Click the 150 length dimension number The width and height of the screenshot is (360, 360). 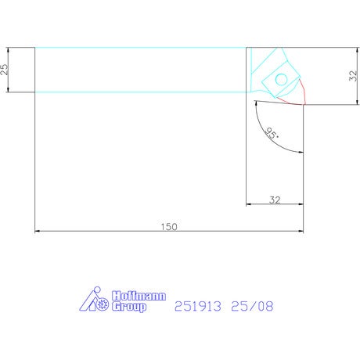pyautogui.click(x=169, y=226)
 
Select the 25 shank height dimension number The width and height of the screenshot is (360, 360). pyautogui.click(x=5, y=70)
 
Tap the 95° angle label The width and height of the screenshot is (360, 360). pyautogui.click(x=272, y=134)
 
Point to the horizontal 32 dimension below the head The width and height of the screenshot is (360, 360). pyautogui.click(x=275, y=200)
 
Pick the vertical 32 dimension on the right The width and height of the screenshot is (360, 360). pyautogui.click(x=353, y=76)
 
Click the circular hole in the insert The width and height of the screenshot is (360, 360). pyautogui.click(x=282, y=80)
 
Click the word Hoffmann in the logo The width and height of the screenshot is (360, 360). pyautogui.click(x=139, y=296)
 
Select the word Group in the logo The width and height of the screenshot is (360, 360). pyautogui.click(x=129, y=307)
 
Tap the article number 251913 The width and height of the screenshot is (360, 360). pyautogui.click(x=198, y=306)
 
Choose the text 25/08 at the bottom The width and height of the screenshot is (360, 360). pyautogui.click(x=252, y=306)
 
